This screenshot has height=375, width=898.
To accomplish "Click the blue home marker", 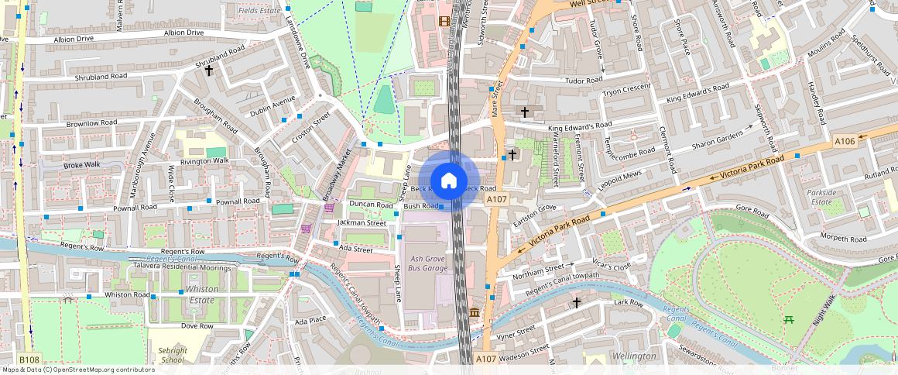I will [x=448, y=181].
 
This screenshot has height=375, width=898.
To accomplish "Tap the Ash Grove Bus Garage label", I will [x=428, y=263].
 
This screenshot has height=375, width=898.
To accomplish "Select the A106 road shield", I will [x=845, y=141].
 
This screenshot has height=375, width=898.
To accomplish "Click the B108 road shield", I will [x=29, y=360].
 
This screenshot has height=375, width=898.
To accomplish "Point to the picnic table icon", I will [x=788, y=319].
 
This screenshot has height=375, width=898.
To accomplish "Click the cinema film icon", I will [x=444, y=21].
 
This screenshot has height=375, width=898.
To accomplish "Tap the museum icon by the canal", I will [x=474, y=312].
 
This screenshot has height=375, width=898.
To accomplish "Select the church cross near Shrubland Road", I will [x=208, y=71].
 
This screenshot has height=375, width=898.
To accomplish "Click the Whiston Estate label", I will [x=202, y=294].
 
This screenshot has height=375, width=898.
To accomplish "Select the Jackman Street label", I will [x=362, y=222].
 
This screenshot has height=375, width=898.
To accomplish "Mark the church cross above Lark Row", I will [x=576, y=302].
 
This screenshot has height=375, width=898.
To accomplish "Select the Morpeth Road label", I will [x=844, y=239].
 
